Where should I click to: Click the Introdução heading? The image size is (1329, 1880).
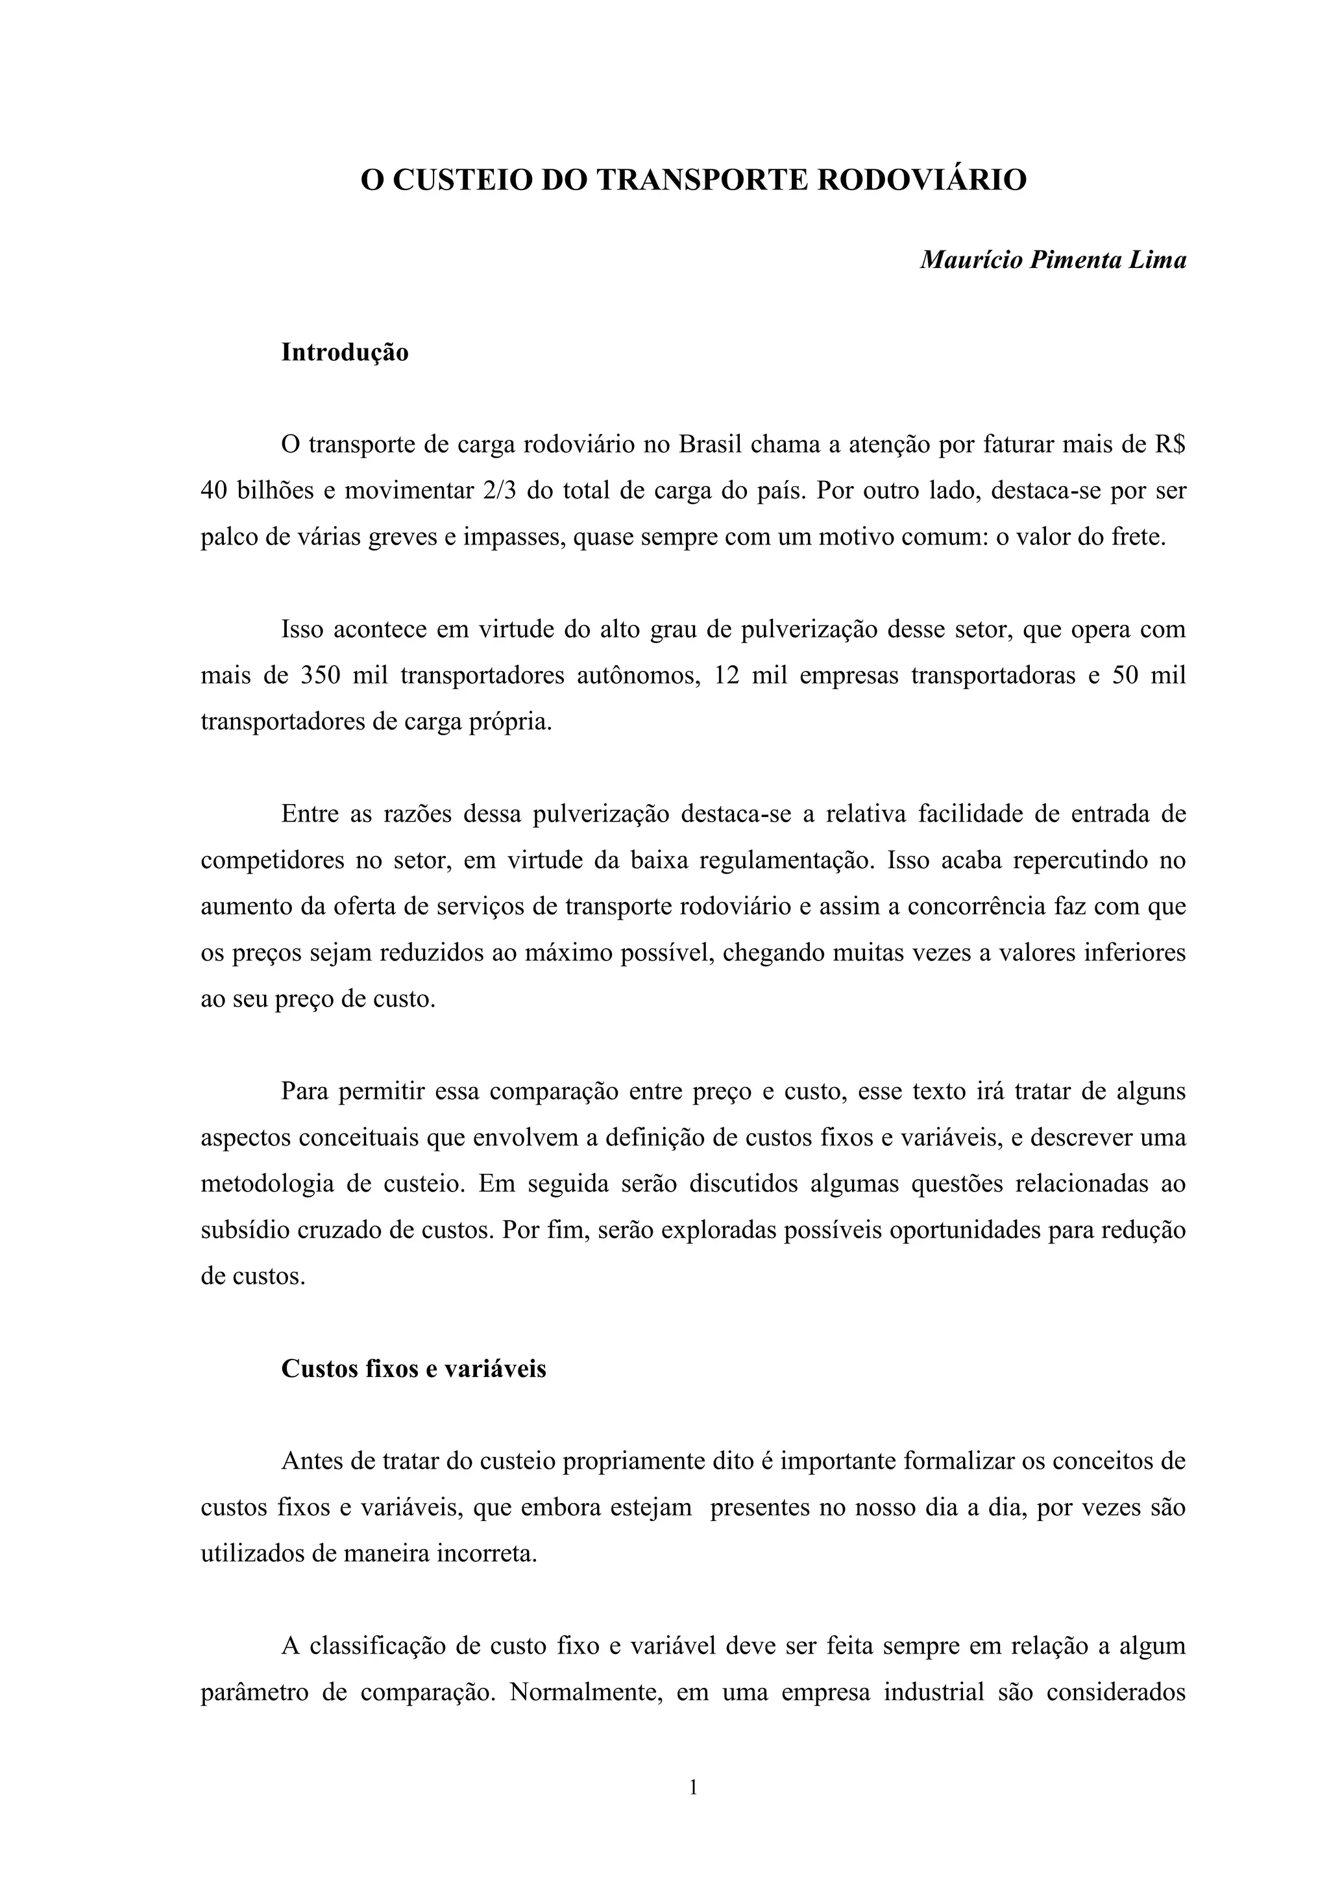tap(345, 353)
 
